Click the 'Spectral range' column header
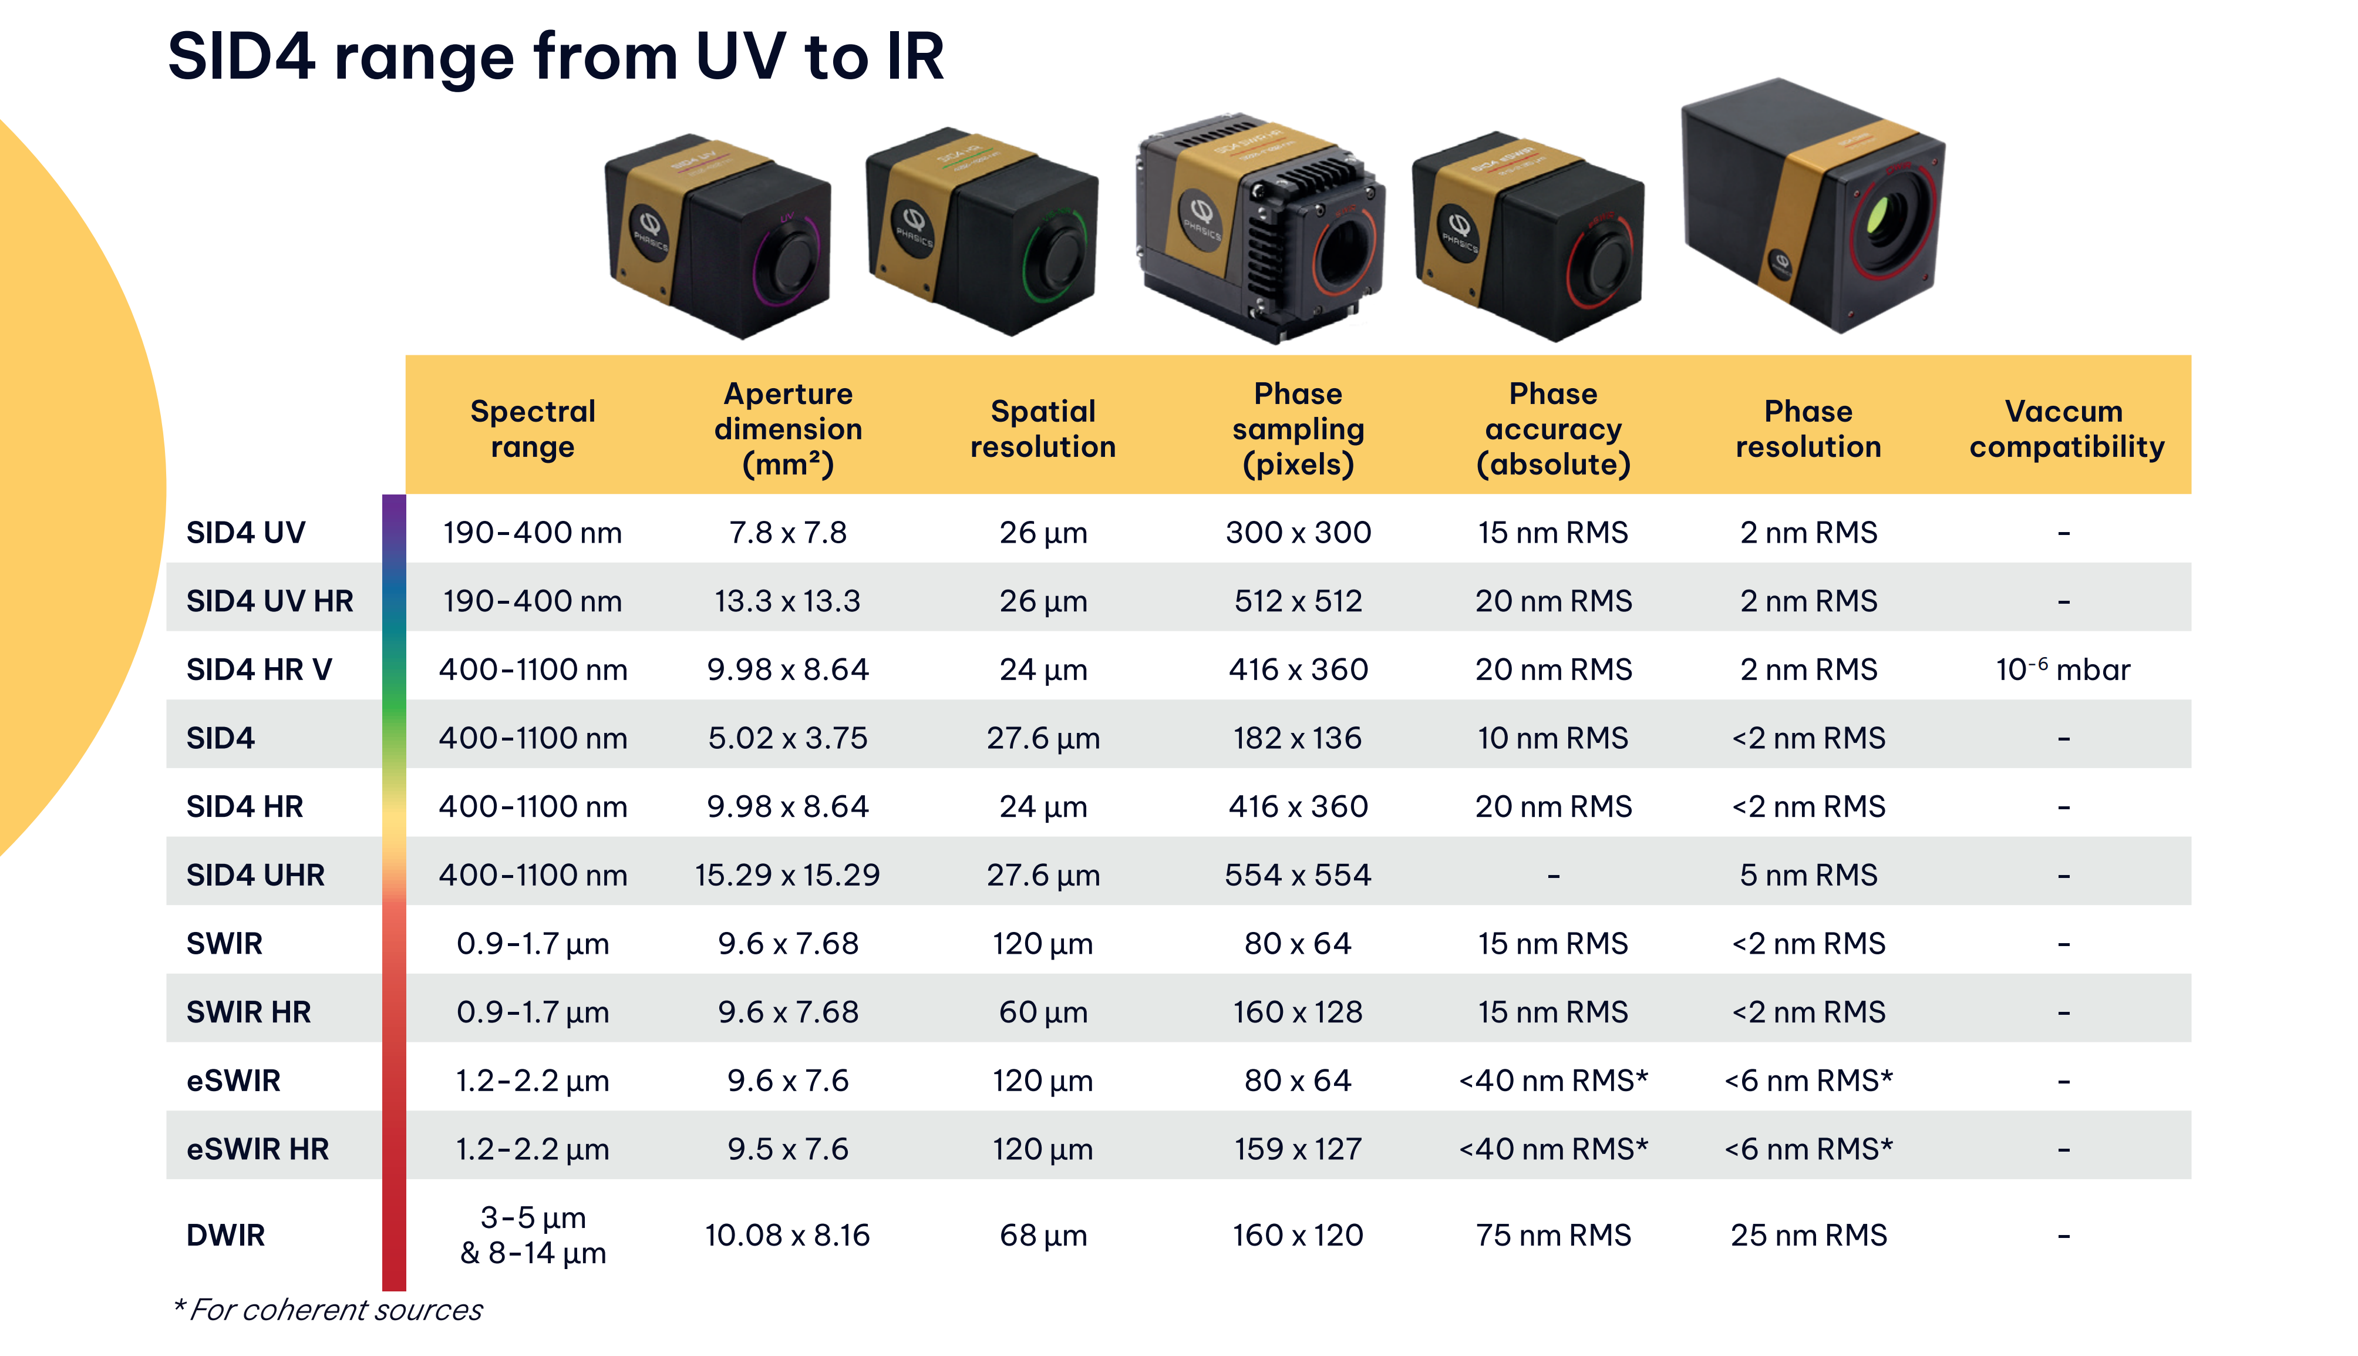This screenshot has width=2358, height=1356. coord(533,428)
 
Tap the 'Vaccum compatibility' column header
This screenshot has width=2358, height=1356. coord(2066,428)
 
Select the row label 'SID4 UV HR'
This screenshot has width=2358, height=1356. coord(270,601)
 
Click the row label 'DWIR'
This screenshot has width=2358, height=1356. coord(225,1235)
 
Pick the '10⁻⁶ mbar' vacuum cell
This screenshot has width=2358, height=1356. coord(2062,669)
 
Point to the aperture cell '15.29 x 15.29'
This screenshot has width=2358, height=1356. coord(787,874)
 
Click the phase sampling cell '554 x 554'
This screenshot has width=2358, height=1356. coord(1298,874)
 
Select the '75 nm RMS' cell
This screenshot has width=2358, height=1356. coord(1553,1235)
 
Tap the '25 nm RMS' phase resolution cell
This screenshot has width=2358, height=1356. coord(1808,1235)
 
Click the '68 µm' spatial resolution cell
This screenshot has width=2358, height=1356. coord(1043,1235)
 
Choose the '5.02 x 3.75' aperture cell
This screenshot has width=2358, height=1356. coord(787,738)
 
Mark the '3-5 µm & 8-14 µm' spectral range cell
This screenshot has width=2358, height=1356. coord(533,1235)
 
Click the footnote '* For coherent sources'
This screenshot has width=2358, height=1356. coord(328,1310)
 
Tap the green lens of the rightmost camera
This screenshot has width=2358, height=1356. coord(1878,216)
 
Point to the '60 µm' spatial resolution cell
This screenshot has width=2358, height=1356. coord(1043,1011)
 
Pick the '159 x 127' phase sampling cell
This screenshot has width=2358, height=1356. coord(1298,1148)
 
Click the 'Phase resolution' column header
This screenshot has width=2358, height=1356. coord(1808,428)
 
